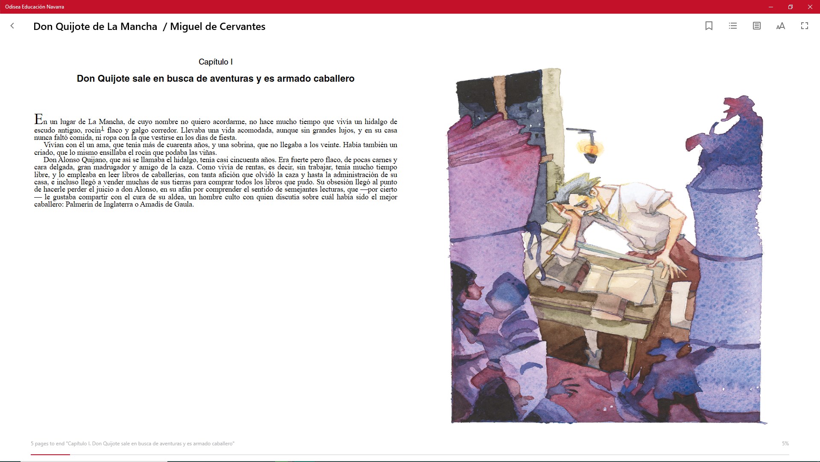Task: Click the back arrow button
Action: [x=12, y=26]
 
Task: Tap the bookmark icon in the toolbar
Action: [x=709, y=26]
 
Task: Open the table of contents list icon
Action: [x=733, y=26]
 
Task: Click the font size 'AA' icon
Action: [x=780, y=26]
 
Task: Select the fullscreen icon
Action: [x=804, y=26]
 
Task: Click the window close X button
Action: [x=810, y=7]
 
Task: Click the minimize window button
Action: [x=771, y=7]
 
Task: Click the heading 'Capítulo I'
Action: [x=216, y=62]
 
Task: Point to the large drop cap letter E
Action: [x=38, y=119]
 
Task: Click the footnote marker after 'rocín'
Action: [x=102, y=128]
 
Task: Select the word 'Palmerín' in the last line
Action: [x=79, y=204]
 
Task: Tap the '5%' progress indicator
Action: [x=785, y=444]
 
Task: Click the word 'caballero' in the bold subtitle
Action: [x=334, y=79]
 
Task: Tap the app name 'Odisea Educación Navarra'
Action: [x=35, y=7]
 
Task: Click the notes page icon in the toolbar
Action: [x=756, y=26]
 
